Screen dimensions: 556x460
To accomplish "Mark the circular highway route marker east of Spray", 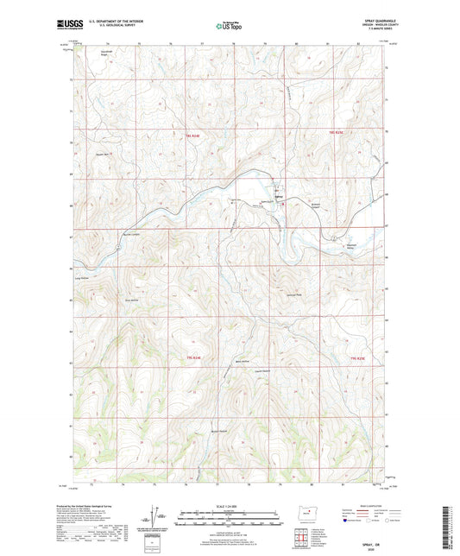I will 331,237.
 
